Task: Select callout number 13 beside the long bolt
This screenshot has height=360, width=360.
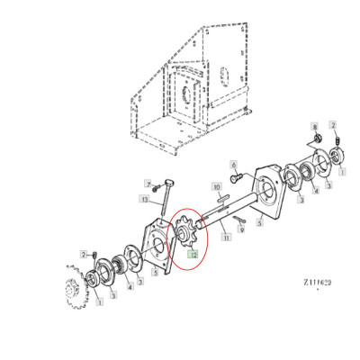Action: (143, 199)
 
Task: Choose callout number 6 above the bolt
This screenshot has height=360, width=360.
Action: (232, 166)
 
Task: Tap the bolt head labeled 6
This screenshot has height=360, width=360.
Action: (231, 179)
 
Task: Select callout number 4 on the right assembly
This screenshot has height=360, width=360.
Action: (314, 190)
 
